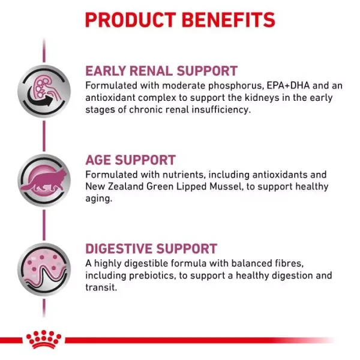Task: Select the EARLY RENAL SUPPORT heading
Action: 161,71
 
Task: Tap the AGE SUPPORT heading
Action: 130,160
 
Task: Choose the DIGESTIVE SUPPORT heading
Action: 151,249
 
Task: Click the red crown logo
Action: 43,340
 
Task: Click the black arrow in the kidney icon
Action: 42,103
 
